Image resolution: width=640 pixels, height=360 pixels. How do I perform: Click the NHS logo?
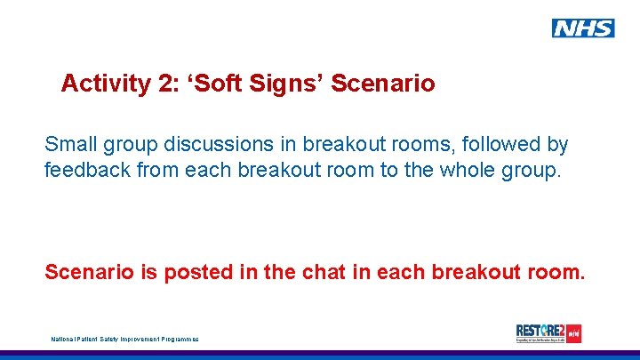point(583,28)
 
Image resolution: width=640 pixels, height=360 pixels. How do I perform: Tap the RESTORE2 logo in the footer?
point(548,333)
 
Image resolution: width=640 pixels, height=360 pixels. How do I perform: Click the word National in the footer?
point(63,339)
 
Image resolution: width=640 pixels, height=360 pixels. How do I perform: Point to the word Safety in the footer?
point(108,339)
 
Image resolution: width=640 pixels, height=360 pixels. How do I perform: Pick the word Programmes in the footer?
point(179,339)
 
